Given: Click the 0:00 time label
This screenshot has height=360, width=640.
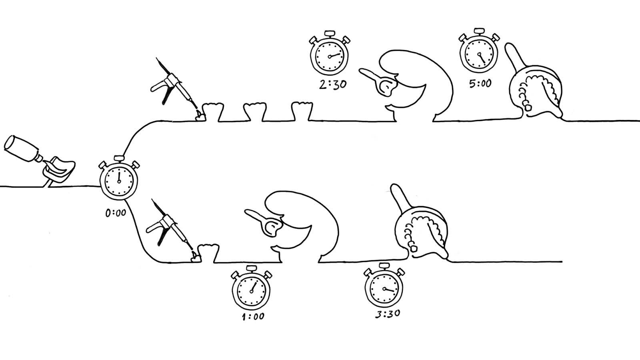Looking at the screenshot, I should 116,213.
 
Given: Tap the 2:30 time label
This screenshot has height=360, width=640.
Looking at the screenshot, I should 332,85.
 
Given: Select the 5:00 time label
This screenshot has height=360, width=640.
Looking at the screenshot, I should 480,84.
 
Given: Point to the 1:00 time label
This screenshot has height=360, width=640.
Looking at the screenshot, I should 254,316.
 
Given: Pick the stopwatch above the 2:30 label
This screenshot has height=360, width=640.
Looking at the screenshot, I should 329,56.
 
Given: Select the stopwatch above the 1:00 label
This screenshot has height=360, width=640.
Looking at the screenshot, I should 251,289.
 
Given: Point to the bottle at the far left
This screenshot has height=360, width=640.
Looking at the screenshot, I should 22,149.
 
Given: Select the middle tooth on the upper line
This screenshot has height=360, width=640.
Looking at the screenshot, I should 255,112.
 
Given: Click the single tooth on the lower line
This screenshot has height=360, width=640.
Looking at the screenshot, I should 209,253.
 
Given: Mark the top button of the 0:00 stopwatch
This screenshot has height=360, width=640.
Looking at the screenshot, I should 118,158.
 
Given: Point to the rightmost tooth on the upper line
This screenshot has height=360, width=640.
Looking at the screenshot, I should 302,111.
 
